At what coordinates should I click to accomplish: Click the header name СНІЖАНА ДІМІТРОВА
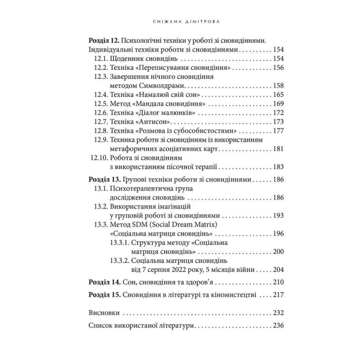tap(182, 22)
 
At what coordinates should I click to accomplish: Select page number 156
tap(278, 68)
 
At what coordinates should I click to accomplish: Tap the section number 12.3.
tap(103, 77)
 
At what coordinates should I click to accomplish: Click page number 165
tap(278, 95)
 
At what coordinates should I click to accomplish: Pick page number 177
tap(278, 131)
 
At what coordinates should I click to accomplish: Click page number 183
tap(278, 167)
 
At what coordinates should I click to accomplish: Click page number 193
tap(278, 216)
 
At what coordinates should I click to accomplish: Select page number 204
tap(278, 270)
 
